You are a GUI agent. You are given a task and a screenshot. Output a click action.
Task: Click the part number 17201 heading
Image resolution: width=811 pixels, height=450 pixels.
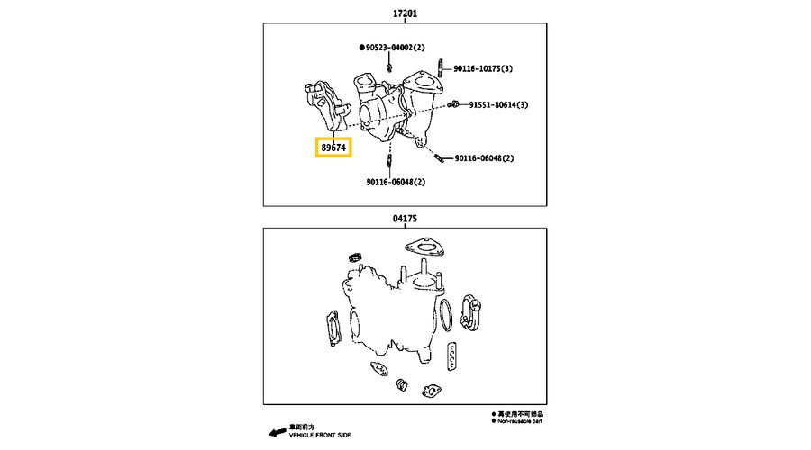coord(405,14)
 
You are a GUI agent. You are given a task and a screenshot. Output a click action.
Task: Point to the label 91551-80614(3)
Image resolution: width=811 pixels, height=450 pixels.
coord(498,105)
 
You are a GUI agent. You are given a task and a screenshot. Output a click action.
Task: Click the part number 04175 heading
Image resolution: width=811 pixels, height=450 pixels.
coord(405,218)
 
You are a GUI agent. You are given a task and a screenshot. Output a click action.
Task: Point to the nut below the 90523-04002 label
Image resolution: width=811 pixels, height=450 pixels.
coord(387,65)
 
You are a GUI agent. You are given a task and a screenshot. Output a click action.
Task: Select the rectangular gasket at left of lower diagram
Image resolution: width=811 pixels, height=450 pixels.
coord(329,329)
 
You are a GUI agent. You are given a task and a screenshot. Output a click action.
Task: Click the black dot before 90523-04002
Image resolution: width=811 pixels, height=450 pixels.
coord(360,46)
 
